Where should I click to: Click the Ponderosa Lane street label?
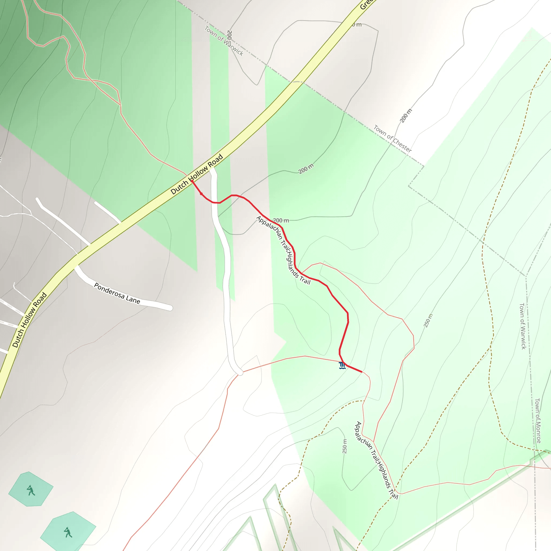click(x=117, y=294)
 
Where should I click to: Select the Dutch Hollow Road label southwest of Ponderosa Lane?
click(x=29, y=320)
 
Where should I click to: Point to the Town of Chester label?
click(x=393, y=139)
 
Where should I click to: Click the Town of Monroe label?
click(x=537, y=421)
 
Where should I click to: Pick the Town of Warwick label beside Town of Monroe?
click(x=522, y=326)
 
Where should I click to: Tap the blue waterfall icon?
click(x=342, y=366)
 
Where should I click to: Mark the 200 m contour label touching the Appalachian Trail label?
click(x=281, y=220)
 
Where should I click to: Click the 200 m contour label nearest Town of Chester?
click(x=406, y=115)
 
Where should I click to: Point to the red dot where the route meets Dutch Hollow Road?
click(x=192, y=181)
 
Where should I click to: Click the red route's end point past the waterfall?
click(x=362, y=372)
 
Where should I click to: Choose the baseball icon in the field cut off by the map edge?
click(x=68, y=532)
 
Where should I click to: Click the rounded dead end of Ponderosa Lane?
click(x=170, y=308)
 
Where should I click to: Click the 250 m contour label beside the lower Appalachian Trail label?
click(x=345, y=446)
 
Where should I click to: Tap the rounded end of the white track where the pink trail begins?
click(x=240, y=372)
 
